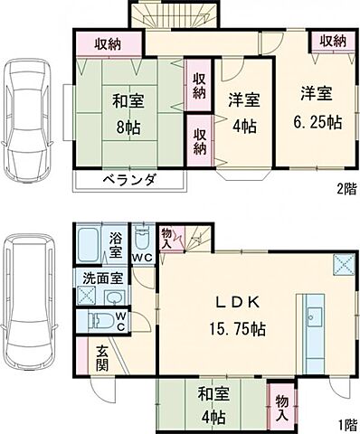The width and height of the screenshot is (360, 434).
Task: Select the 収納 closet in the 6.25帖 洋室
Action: pyautogui.click(x=332, y=42)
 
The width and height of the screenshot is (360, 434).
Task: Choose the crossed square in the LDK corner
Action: pyautogui.click(x=345, y=264)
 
